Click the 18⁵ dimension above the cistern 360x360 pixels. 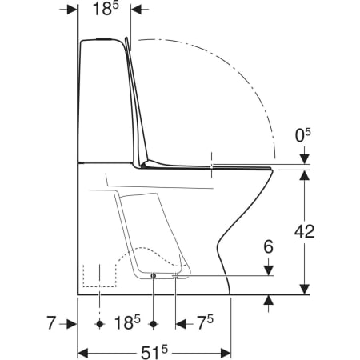106,10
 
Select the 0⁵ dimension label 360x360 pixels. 303,135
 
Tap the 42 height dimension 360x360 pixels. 304,231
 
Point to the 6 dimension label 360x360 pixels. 268,246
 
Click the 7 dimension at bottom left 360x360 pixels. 50,322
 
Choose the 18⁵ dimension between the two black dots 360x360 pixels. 127,322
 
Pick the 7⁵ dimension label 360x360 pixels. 206,322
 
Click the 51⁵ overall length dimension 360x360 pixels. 154,353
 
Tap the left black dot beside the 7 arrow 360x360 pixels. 100,324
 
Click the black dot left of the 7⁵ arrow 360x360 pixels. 153,324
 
